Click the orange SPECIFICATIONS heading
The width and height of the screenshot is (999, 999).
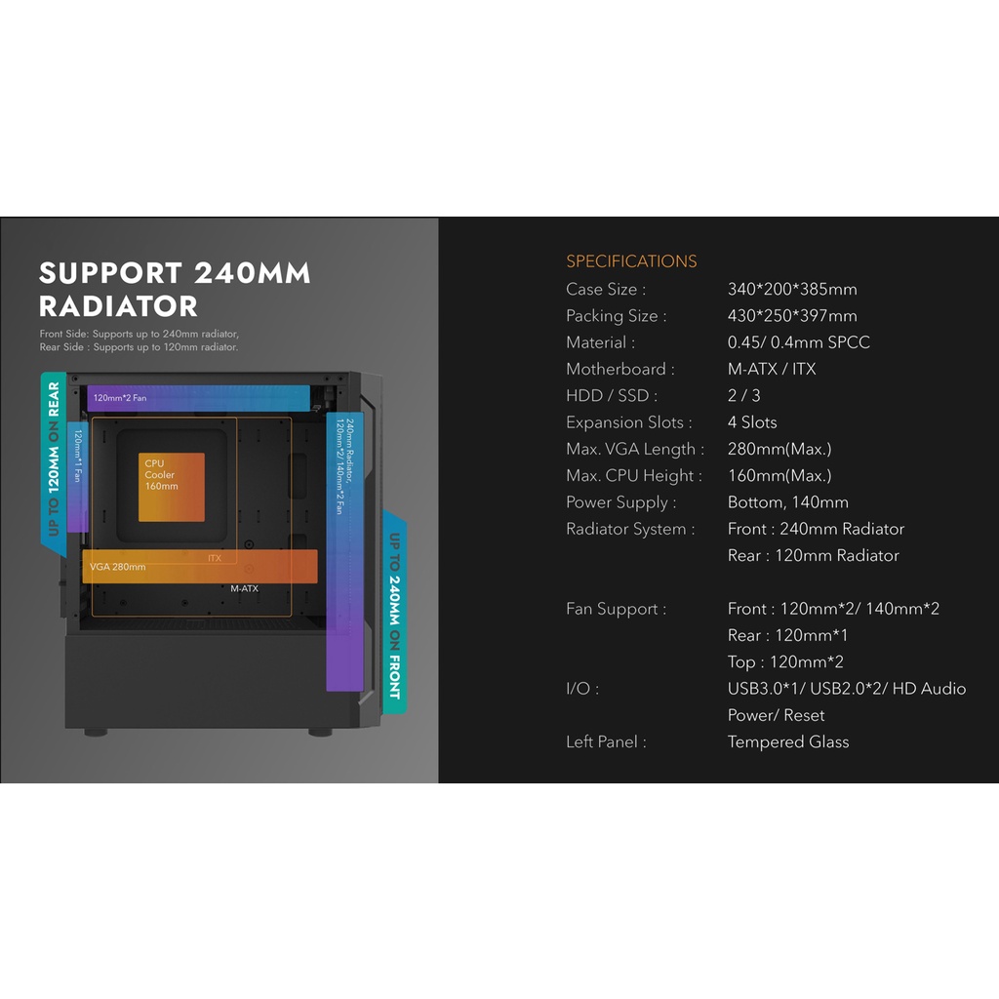pyautogui.click(x=631, y=261)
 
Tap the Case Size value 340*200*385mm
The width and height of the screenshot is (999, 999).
pyautogui.click(x=792, y=289)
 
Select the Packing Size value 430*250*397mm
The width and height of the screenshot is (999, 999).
pyautogui.click(x=792, y=315)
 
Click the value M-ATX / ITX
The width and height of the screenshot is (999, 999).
pyautogui.click(x=772, y=369)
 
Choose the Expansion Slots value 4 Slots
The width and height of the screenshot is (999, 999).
pyautogui.click(x=752, y=422)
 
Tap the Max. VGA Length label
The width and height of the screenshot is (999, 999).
pyautogui.click(x=634, y=449)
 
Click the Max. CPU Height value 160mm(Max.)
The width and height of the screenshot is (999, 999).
pyautogui.click(x=779, y=476)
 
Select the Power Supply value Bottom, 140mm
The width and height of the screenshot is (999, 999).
pyautogui.click(x=787, y=502)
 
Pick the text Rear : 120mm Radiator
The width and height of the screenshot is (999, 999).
pyautogui.click(x=813, y=555)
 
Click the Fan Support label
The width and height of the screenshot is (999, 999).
pyautogui.click(x=616, y=609)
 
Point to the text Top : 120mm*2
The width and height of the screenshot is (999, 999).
pyautogui.click(x=785, y=661)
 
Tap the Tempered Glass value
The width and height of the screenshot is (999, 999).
pyautogui.click(x=788, y=741)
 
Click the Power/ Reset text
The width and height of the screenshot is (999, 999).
pyautogui.click(x=776, y=715)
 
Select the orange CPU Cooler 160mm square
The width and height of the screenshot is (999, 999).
pyautogui.click(x=171, y=487)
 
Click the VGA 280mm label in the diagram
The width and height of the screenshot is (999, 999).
pyautogui.click(x=118, y=567)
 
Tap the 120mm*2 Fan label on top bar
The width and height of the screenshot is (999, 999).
pyautogui.click(x=121, y=398)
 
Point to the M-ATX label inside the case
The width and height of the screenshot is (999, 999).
pyautogui.click(x=244, y=589)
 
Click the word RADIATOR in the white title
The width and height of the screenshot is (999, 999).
pyautogui.click(x=118, y=305)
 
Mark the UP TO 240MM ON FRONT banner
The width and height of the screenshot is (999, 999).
pyautogui.click(x=394, y=615)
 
